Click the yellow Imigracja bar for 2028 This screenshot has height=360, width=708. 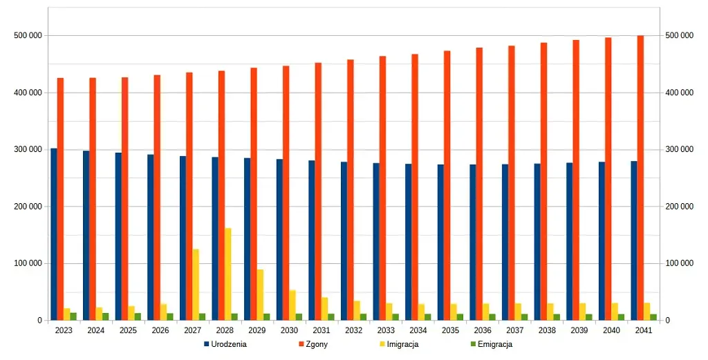coord(227,274)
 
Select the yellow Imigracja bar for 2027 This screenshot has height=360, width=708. coord(196,285)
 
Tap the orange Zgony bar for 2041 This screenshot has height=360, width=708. coord(640,178)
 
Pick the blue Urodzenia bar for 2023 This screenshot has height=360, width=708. coord(54,234)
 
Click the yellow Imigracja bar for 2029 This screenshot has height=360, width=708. coord(260,295)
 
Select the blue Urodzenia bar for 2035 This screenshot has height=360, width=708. coord(440,243)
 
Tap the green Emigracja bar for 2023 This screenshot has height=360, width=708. coord(73,316)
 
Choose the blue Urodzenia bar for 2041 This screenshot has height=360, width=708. coord(633,240)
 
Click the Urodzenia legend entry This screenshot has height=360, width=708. coord(225,343)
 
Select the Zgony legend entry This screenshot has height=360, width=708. coord(313,343)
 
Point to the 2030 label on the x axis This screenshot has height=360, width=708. coord(289,330)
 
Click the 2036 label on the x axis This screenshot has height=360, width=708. coord(483,330)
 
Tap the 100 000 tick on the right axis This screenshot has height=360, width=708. coord(679,263)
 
